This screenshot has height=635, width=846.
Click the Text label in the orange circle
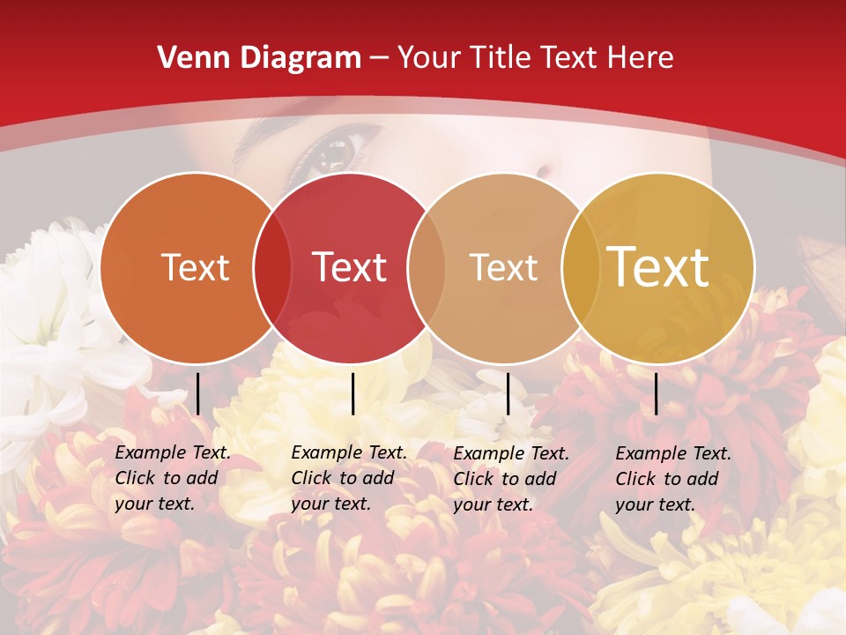tap(195, 267)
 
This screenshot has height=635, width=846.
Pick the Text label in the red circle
tap(349, 267)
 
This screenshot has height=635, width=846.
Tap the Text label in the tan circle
tap(503, 267)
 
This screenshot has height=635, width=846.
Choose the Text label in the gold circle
tap(657, 267)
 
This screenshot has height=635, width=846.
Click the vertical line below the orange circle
tap(197, 393)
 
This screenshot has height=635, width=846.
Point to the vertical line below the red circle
tap(352, 393)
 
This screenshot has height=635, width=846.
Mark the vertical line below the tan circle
tap(508, 393)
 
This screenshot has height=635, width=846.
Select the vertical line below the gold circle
tap(656, 393)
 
